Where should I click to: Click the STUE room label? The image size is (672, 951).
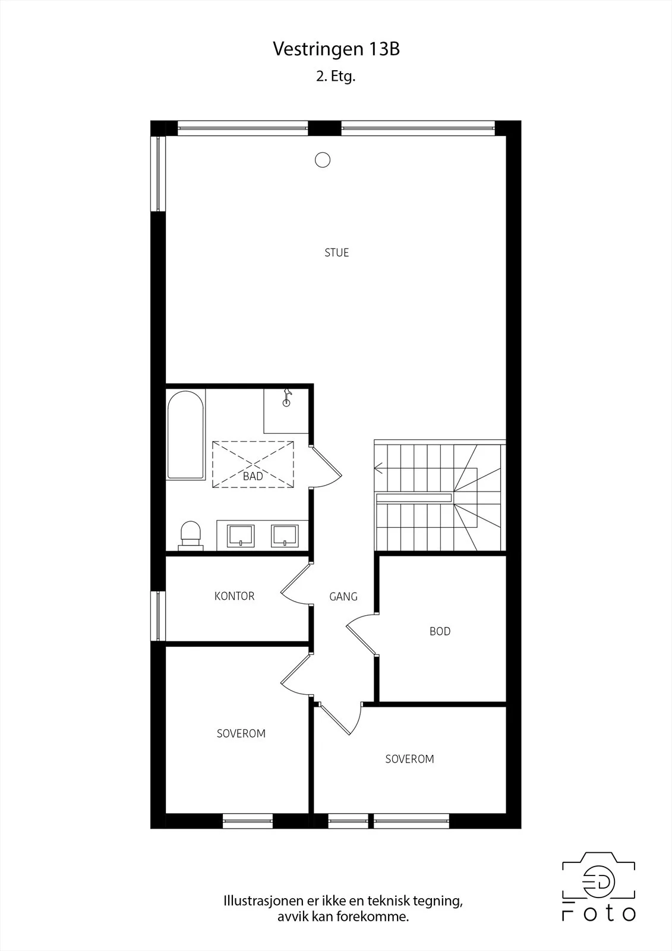[337, 253]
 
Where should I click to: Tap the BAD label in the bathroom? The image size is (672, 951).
[253, 476]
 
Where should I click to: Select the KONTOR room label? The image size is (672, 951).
[234, 596]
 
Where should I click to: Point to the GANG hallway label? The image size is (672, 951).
[343, 597]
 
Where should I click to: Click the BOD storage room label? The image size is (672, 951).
[440, 631]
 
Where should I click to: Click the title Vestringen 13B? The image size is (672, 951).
[336, 49]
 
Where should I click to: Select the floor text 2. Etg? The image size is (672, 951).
[335, 77]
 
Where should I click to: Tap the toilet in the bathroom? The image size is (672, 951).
[191, 536]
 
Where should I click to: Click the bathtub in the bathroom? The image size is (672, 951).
[185, 435]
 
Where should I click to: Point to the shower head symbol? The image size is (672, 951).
[287, 398]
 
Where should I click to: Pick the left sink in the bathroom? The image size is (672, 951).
[241, 536]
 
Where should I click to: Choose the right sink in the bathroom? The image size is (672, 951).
[285, 536]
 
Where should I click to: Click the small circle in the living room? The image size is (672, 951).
[323, 160]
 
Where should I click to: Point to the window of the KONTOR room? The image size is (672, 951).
[158, 616]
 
